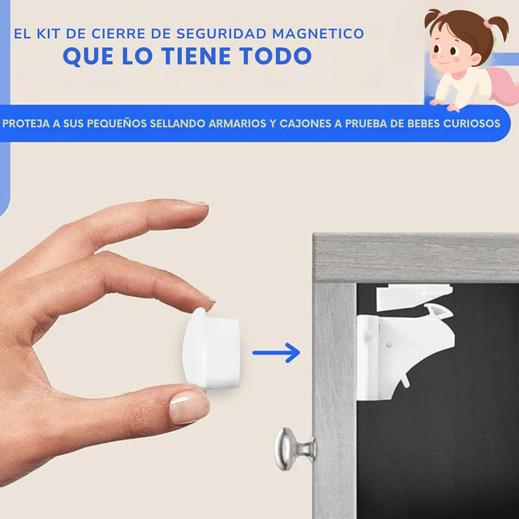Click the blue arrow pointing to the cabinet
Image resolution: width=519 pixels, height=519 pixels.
(276, 353)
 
